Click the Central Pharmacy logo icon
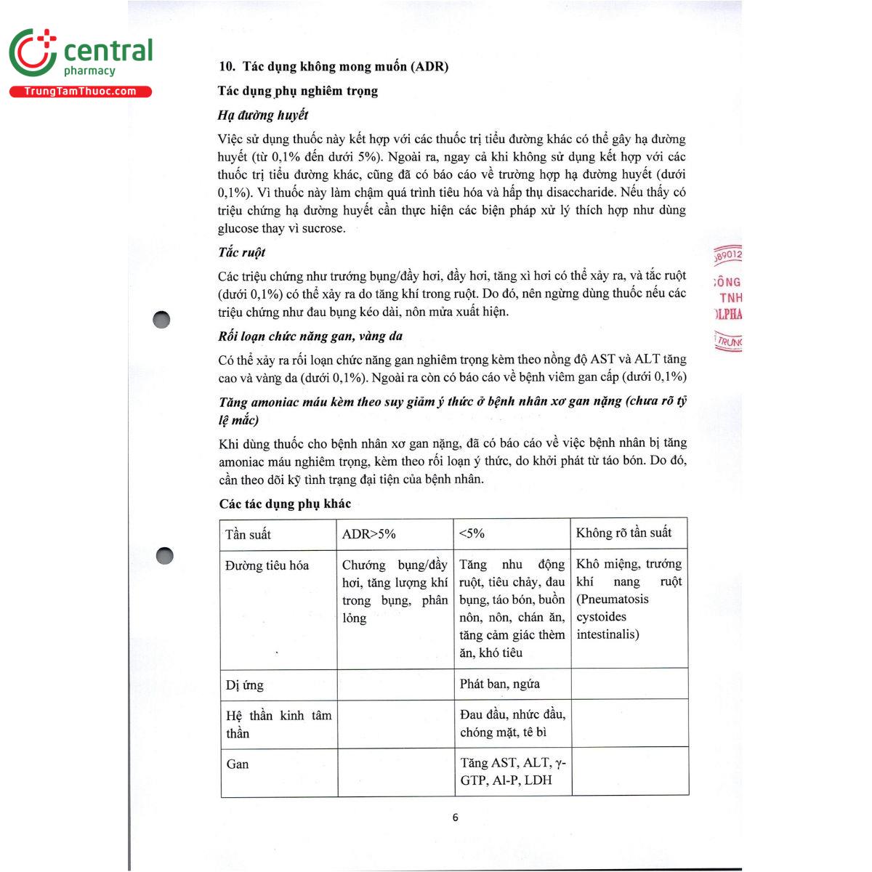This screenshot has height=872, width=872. pos(33,53)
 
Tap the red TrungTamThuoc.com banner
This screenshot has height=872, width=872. pos(80,92)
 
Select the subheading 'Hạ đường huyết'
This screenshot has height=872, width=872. pos(263,115)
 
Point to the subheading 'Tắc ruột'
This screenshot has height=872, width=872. pos(242,252)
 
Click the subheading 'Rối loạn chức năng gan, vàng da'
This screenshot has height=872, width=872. pos(310,336)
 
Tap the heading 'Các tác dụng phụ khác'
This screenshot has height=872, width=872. pos(285,504)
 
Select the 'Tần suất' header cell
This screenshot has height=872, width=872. pos(248,535)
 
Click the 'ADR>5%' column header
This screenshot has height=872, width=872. pos(369,534)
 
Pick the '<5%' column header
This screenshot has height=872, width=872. pos(472,533)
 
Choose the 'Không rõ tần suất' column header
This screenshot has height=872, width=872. pos(623,533)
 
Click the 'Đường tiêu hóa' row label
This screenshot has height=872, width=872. pos(267,565)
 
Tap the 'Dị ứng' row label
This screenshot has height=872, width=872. pos(245,685)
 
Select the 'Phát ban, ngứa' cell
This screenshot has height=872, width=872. pos(500,684)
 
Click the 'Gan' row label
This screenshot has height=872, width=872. pos(238,764)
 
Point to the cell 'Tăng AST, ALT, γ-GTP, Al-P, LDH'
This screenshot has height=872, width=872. pos(512,771)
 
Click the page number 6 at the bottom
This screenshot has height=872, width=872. pos(456,817)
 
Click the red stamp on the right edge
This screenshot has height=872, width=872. pos(727,298)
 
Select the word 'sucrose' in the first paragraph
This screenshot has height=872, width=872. pos(322,228)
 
